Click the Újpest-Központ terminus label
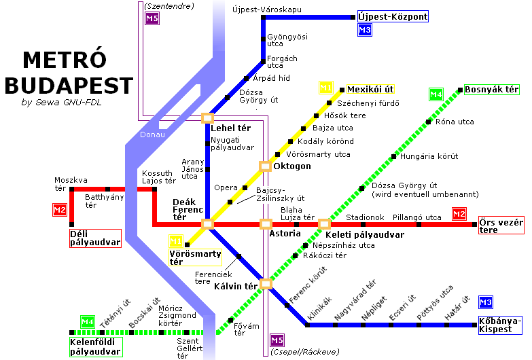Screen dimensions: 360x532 click(x=393, y=16)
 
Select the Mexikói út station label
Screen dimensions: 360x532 click(x=370, y=90)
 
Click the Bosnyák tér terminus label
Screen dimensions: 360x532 click(x=491, y=90)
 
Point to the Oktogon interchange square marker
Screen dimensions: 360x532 click(x=265, y=166)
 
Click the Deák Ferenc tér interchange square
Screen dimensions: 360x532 click(x=208, y=223)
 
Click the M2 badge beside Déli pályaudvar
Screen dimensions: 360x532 click(x=60, y=210)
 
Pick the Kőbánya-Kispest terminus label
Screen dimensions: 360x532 click(x=499, y=325)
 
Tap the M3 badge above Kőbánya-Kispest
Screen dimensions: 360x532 click(x=485, y=303)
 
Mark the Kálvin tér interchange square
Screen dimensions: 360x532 click(x=265, y=284)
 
